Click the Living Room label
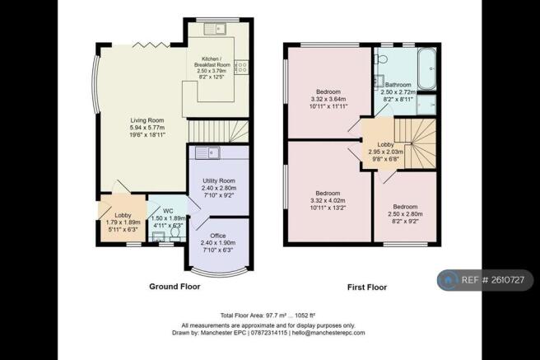click(x=147, y=120)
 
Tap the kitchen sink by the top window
click(x=215, y=29)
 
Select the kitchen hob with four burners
click(x=241, y=67)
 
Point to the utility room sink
click(x=207, y=152)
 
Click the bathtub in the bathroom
click(x=426, y=68)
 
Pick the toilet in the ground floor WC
click(x=175, y=235)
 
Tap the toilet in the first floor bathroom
click(x=380, y=59)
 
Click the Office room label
click(x=218, y=236)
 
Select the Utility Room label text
click(x=219, y=180)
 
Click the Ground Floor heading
click(x=175, y=287)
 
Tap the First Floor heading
click(x=367, y=288)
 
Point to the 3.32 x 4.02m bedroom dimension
click(x=328, y=200)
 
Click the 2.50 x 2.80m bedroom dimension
click(x=405, y=214)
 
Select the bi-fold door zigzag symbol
click(x=151, y=44)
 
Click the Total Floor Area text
click(x=268, y=316)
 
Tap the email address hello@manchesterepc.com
click(x=328, y=333)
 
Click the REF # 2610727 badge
click(x=485, y=280)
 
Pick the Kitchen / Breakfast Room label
click(x=212, y=62)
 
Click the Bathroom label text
click(x=398, y=84)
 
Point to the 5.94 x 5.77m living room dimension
click(x=147, y=128)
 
